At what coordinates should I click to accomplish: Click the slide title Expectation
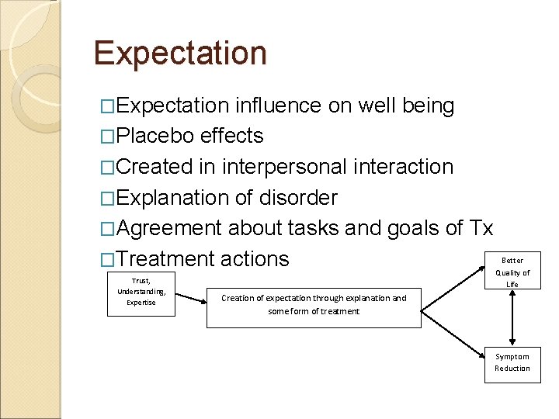tap(180, 54)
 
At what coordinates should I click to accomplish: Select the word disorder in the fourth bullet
tap(300, 198)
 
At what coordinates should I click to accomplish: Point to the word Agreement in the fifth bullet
tap(172, 229)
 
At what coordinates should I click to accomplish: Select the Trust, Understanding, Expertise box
tap(141, 292)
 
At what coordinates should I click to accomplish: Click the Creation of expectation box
tap(314, 305)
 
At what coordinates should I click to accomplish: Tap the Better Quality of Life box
tap(512, 272)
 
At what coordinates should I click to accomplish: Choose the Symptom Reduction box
tap(512, 362)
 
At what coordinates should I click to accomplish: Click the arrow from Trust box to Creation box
tap(193, 299)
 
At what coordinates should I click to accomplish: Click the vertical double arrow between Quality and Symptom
tap(512, 319)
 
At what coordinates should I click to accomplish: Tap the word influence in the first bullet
tap(278, 106)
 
